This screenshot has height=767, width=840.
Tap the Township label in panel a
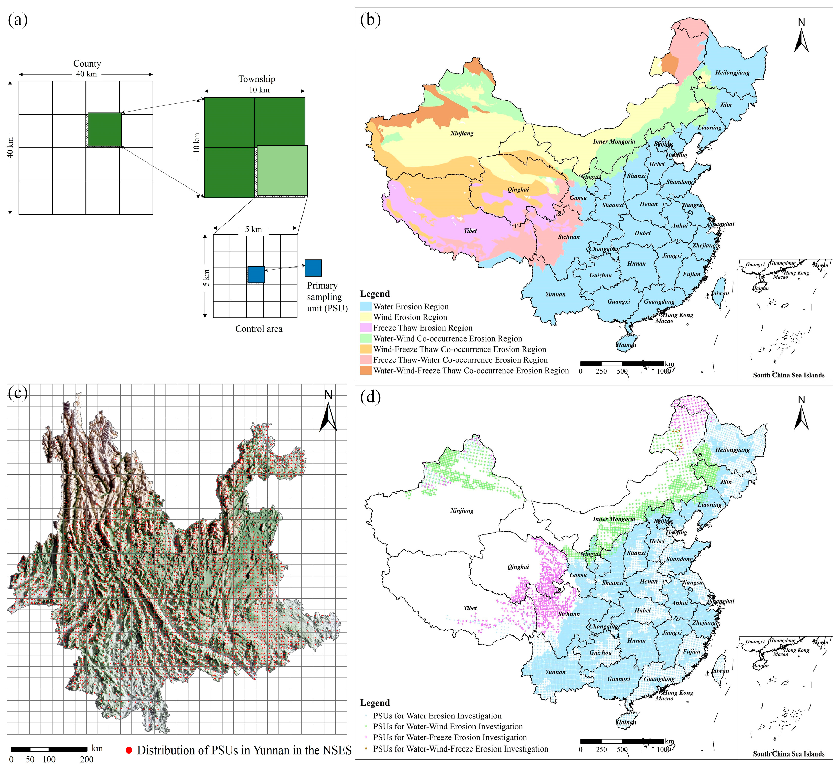257,79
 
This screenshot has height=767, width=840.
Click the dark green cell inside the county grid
105,129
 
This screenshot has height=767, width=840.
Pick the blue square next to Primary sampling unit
313,268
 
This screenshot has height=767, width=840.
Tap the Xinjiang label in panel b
462,134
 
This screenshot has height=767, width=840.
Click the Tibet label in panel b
470,231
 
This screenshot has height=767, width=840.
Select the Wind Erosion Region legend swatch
366,317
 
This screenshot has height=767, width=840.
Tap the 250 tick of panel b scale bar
601,371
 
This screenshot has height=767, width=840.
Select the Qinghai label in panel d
518,567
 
